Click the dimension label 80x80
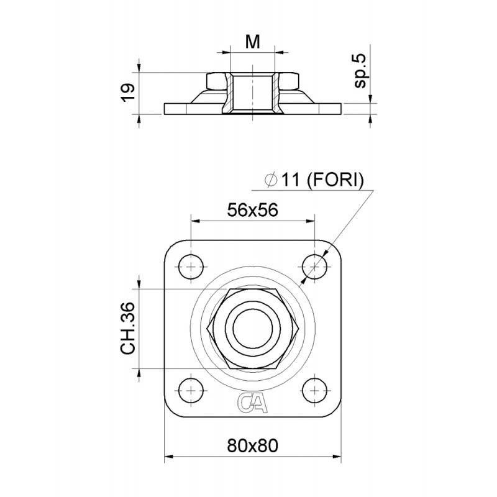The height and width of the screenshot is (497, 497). point(252,445)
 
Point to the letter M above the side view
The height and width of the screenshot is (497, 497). point(252,42)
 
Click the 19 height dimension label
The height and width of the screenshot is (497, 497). point(127,93)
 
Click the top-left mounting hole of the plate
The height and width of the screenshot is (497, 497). point(191,267)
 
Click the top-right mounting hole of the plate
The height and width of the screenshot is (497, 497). point(315,267)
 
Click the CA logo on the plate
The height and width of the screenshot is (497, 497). point(253,403)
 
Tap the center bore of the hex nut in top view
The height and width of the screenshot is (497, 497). point(253,329)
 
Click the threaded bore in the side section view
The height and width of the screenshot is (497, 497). point(252,93)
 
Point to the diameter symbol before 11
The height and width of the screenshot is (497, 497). point(270,180)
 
